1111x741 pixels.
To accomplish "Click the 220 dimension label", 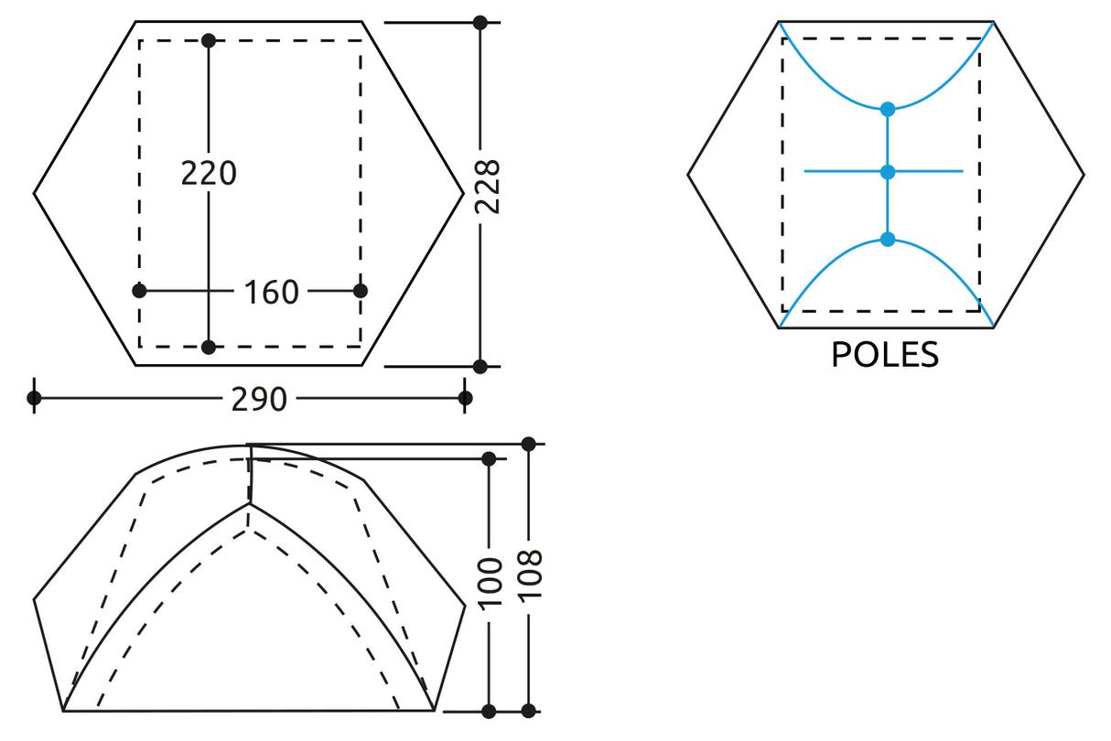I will pyautogui.click(x=209, y=173).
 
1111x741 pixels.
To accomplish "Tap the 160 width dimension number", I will pyautogui.click(x=272, y=293).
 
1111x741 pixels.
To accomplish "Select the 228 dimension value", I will pyautogui.click(x=488, y=187).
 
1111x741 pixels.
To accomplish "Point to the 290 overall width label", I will pyautogui.click(x=259, y=399).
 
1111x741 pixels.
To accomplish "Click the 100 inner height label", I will pyautogui.click(x=491, y=581).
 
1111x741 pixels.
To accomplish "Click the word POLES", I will pyautogui.click(x=885, y=355).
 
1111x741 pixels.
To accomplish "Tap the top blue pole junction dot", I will pyautogui.click(x=887, y=109).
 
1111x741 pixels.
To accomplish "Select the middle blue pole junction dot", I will pyautogui.click(x=887, y=171).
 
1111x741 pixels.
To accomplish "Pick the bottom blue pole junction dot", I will pyautogui.click(x=887, y=239).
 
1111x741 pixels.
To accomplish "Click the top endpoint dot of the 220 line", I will pyautogui.click(x=209, y=40).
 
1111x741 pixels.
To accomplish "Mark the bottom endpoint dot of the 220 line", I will pyautogui.click(x=209, y=347).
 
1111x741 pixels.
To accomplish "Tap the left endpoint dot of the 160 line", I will pyautogui.click(x=139, y=291).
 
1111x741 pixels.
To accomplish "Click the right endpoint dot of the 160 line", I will pyautogui.click(x=361, y=291).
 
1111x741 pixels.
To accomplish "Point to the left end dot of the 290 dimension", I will pyautogui.click(x=34, y=398).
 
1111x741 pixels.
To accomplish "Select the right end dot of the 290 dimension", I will pyautogui.click(x=465, y=398).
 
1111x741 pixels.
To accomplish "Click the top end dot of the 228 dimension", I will pyautogui.click(x=480, y=22).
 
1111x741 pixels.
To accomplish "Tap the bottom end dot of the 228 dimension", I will pyautogui.click(x=480, y=366).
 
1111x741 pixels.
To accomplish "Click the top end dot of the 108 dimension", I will pyautogui.click(x=528, y=444).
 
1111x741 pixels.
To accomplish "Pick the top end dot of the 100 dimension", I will pyautogui.click(x=489, y=458).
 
